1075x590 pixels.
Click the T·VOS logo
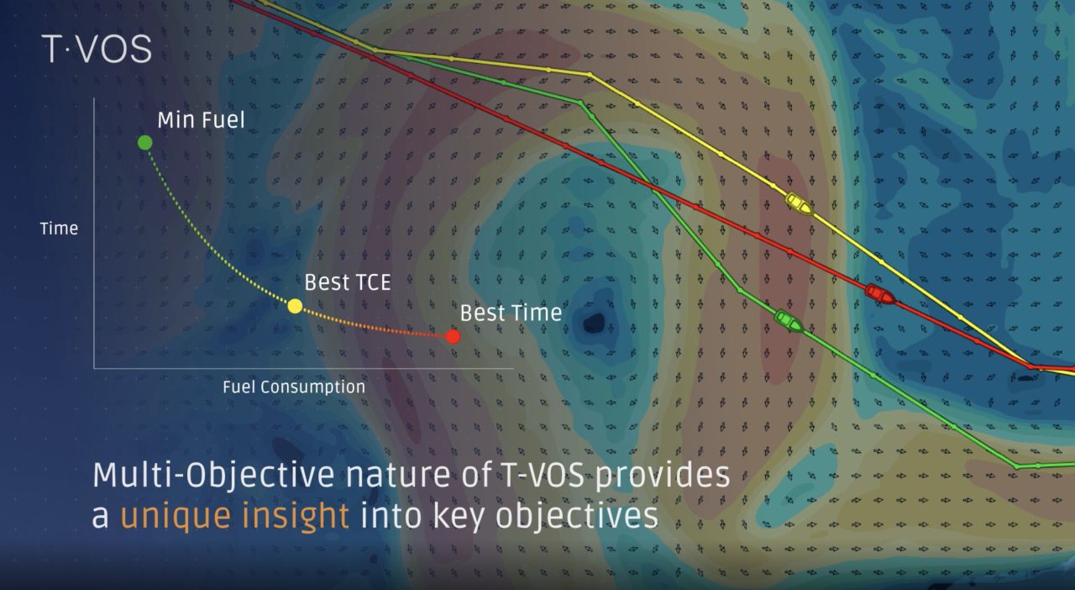coord(97,49)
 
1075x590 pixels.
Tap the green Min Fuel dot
coord(145,143)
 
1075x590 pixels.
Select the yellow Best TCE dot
coord(295,306)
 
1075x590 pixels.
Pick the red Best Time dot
coord(453,337)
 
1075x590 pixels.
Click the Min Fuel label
coord(201,120)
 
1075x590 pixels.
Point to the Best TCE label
coord(348,282)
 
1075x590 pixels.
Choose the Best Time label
coord(511,313)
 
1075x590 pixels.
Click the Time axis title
coord(59,229)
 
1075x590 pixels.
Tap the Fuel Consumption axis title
coord(294,387)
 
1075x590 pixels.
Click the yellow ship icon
coord(799,203)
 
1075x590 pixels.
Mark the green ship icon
coord(789,320)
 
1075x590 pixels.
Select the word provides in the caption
coord(663,476)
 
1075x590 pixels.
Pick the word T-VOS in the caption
coord(543,475)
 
